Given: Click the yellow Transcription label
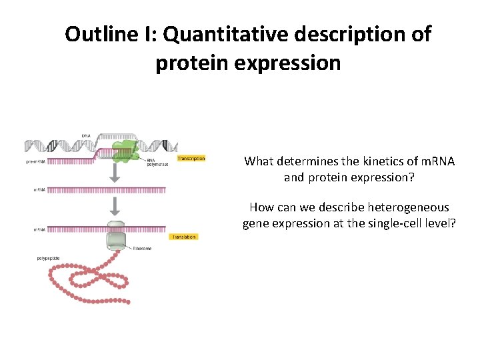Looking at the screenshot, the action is click(191, 159).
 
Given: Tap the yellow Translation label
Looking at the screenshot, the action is click(184, 237).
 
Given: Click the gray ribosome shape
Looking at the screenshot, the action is click(116, 237).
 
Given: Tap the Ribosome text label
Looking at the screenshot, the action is click(142, 249).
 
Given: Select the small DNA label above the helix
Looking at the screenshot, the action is click(86, 135).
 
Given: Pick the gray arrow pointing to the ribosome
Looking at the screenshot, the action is click(115, 206).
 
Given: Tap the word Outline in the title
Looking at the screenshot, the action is click(97, 34).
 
